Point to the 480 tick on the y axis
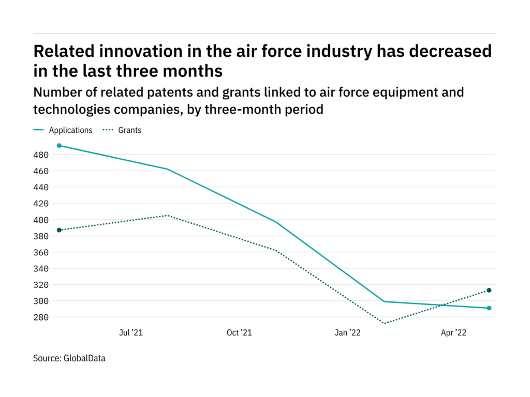point(41,155)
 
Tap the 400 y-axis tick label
point(41,220)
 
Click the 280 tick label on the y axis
point(41,317)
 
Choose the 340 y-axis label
point(41,268)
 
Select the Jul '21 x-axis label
point(130,333)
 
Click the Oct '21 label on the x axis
point(239,333)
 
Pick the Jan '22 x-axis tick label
point(347,333)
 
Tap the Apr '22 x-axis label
point(454,333)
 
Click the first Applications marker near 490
point(59,146)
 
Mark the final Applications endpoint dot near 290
point(489,308)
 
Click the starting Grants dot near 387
point(59,230)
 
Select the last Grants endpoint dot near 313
point(489,290)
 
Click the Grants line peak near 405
point(167,216)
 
